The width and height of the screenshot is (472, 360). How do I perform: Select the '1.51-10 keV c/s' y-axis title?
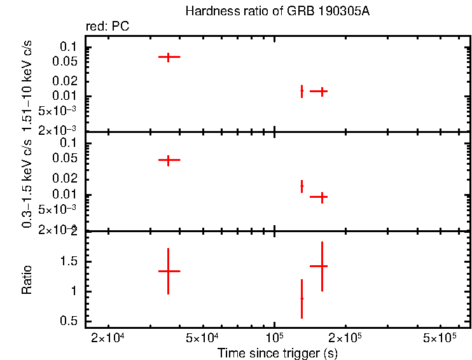(x=28, y=87)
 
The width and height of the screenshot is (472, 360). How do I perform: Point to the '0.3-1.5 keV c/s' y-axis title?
(x=28, y=185)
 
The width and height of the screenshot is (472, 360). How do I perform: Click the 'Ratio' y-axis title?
(x=28, y=279)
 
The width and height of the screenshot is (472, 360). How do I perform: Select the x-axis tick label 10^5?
(x=274, y=336)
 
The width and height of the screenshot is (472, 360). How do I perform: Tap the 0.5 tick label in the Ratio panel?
(x=68, y=321)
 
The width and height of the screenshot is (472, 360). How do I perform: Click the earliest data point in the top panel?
(x=169, y=57)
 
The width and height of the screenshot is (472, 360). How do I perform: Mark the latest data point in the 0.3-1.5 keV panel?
(x=323, y=197)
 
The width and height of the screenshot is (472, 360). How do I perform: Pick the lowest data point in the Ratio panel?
(x=302, y=298)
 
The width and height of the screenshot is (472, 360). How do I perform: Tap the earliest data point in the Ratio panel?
(x=169, y=271)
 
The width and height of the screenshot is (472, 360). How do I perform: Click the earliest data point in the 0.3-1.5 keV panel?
(x=169, y=160)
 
